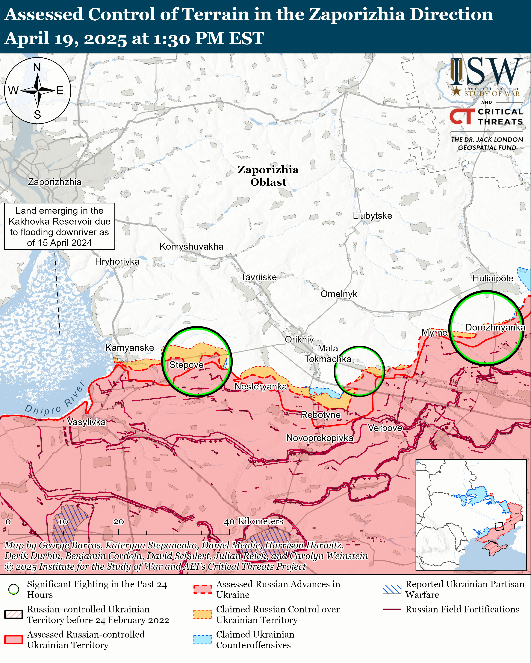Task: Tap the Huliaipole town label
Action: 493,278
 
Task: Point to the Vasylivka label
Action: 87,422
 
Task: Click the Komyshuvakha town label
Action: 191,247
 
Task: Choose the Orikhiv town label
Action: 299,339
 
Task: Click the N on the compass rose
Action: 37,67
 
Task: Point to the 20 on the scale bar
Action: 119,522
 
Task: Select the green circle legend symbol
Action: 13,589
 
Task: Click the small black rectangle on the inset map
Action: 499,526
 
